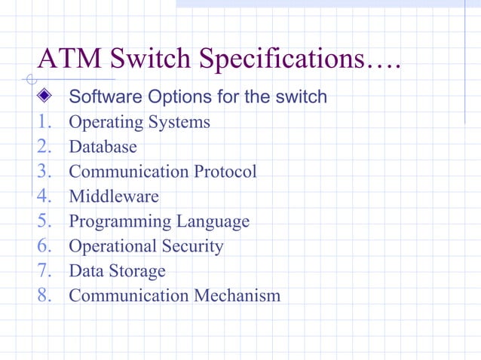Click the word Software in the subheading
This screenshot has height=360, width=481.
(99, 97)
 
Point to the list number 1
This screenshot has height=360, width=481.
(44, 121)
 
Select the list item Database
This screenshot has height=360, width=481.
(103, 146)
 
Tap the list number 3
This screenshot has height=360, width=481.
(44, 171)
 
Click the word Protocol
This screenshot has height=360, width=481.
(224, 171)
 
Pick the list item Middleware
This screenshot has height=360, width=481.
(114, 196)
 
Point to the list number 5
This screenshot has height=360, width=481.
(44, 221)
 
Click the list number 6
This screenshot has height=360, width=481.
(44, 246)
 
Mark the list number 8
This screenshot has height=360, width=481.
(44, 294)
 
